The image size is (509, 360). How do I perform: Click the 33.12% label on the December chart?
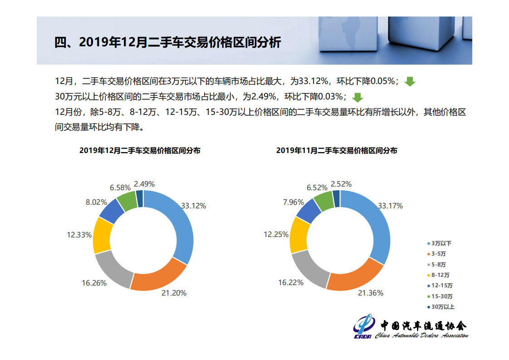(x=193, y=206)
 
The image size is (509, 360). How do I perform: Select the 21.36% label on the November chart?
(x=370, y=293)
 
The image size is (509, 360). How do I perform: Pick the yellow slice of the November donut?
(x=299, y=235)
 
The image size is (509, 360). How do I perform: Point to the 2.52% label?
(x=341, y=184)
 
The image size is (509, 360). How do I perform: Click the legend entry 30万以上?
(x=442, y=307)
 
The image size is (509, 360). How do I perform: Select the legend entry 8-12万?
(x=440, y=275)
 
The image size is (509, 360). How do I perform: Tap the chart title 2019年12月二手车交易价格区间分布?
(x=140, y=151)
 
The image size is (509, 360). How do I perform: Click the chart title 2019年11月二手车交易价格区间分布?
(x=336, y=151)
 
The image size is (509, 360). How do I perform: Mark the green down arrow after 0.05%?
(x=410, y=82)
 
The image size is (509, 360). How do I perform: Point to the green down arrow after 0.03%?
(x=357, y=97)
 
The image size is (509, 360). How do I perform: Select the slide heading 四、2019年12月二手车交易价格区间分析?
(x=167, y=43)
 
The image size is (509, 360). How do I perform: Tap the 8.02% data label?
(x=96, y=202)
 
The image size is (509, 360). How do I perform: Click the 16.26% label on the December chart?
(x=94, y=283)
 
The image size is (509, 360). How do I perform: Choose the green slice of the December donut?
(x=127, y=201)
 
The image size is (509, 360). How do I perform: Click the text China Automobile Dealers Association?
(x=421, y=336)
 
